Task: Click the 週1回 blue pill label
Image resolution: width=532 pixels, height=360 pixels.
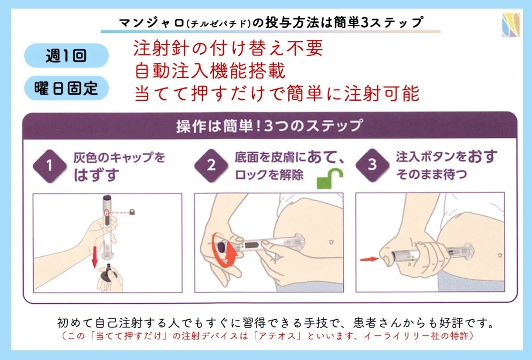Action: pyautogui.click(x=66, y=55)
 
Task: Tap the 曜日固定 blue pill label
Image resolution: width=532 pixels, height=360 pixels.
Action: pyautogui.click(x=66, y=88)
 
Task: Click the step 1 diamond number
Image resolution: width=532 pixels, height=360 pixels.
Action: pyautogui.click(x=50, y=166)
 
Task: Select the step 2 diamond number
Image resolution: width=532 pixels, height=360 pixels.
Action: pyautogui.click(x=211, y=165)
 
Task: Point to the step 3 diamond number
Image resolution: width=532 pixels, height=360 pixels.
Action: pyautogui.click(x=372, y=165)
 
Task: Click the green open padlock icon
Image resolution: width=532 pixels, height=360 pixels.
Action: pyautogui.click(x=329, y=178)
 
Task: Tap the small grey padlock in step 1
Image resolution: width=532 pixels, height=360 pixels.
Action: pyautogui.click(x=132, y=212)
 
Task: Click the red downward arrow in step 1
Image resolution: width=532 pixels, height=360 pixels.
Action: pyautogui.click(x=95, y=257)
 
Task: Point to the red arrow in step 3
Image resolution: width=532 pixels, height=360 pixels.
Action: pyautogui.click(x=369, y=259)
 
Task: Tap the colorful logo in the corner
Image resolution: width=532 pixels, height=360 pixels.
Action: pyautogui.click(x=511, y=24)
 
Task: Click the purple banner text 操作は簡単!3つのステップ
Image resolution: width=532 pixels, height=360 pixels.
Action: pyautogui.click(x=270, y=126)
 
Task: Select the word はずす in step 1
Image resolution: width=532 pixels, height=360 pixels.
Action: pyautogui.click(x=97, y=175)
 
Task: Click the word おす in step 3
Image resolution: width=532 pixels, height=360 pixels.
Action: pyautogui.click(x=482, y=156)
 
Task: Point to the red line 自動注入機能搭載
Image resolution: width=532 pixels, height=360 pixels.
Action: pyautogui.click(x=210, y=70)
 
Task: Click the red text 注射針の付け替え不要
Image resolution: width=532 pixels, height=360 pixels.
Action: pyautogui.click(x=228, y=48)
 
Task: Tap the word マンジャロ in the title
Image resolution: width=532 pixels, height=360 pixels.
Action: pyautogui.click(x=152, y=23)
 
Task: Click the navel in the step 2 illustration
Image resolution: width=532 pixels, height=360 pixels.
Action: pyautogui.click(x=331, y=242)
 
